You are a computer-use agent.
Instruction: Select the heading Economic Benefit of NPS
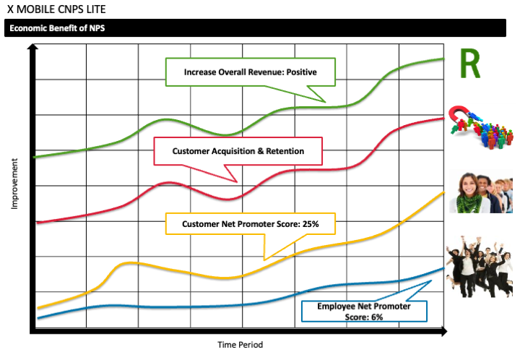coord(58,29)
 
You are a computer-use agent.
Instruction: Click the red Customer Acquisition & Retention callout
coord(238,151)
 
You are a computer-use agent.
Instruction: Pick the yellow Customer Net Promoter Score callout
coord(250,225)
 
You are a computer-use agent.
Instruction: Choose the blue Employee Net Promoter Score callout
coord(363,312)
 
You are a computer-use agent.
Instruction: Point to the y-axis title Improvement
coord(14,184)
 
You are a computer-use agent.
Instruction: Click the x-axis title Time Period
coord(240,345)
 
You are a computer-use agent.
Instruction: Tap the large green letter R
coord(470,64)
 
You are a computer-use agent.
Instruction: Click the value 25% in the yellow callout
coord(308,225)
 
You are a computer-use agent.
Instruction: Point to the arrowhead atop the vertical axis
coord(32,48)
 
